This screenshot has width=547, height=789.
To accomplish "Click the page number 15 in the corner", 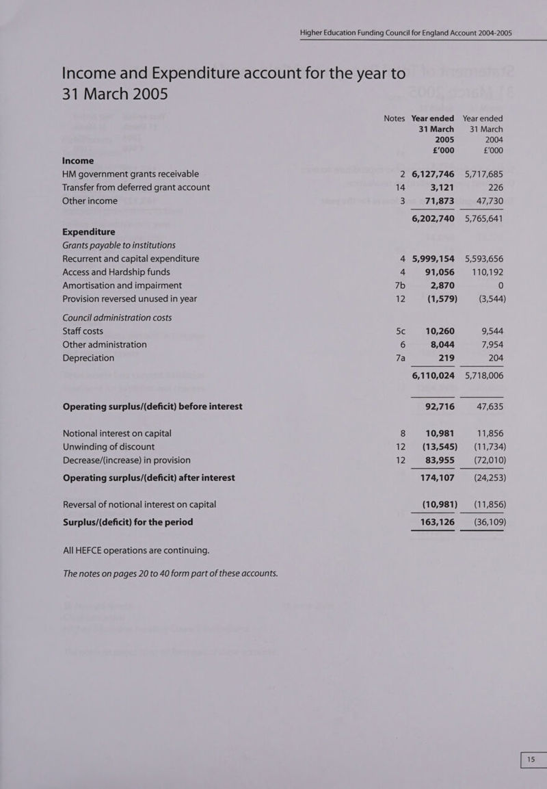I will pos(530,760).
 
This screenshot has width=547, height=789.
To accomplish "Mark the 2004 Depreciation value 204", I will pos(492,359).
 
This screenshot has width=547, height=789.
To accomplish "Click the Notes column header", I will pos(394,118).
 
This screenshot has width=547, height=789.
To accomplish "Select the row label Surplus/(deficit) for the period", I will pos(128,522).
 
